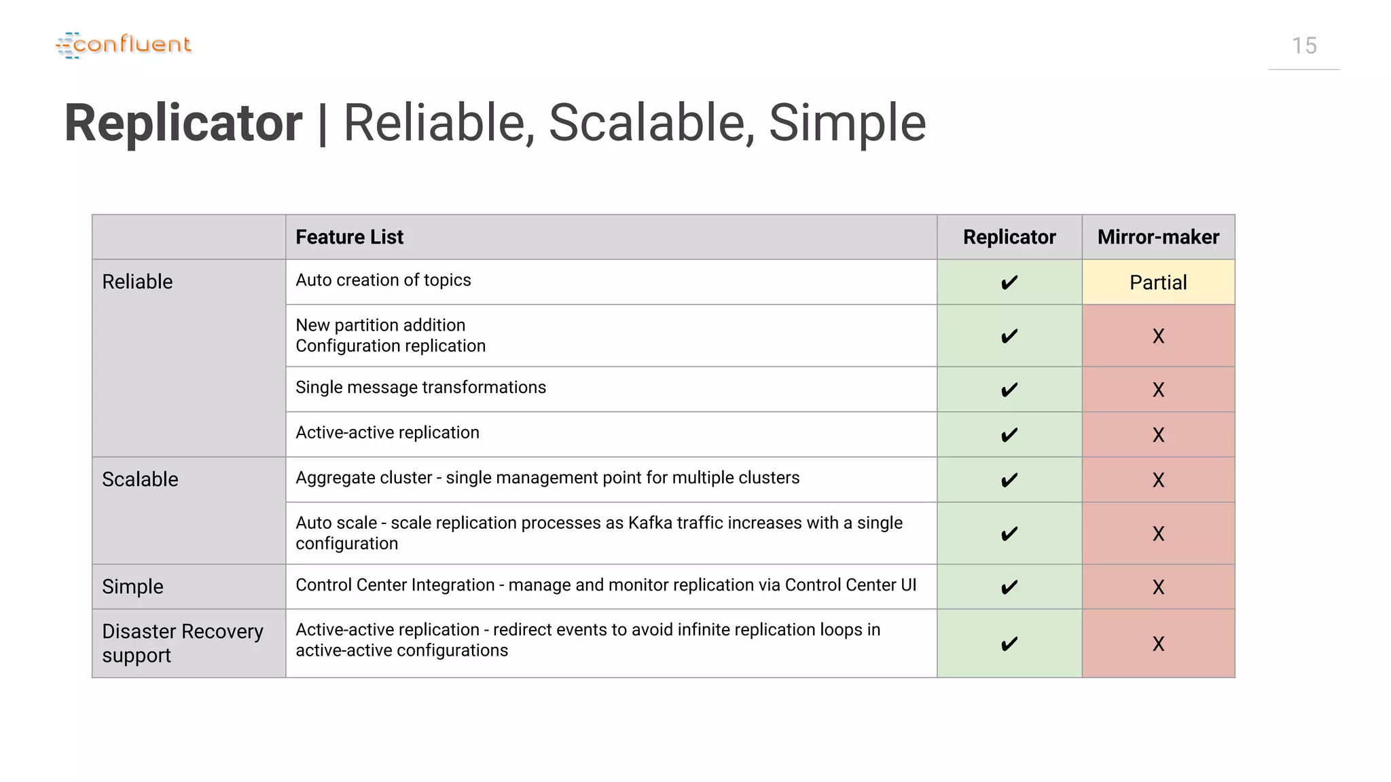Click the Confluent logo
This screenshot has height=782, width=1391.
click(124, 45)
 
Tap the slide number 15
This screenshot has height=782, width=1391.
click(1303, 46)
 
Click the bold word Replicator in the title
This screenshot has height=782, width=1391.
click(183, 123)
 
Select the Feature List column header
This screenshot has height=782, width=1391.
click(349, 237)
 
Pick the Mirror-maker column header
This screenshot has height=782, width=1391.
click(1158, 237)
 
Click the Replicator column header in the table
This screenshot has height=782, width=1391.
click(1009, 237)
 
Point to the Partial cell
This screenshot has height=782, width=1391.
click(1158, 282)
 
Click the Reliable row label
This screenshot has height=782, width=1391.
click(137, 282)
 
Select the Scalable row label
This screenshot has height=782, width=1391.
click(140, 479)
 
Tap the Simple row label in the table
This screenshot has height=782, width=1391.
click(132, 586)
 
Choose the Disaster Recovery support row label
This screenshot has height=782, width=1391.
click(182, 643)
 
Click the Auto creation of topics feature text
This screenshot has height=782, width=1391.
click(383, 280)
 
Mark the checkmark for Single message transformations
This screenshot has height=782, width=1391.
click(1009, 390)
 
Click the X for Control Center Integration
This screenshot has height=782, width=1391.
click(1158, 587)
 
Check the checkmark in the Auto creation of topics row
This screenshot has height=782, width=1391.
click(1009, 282)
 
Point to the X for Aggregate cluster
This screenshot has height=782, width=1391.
click(1158, 480)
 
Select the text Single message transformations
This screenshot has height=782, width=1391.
click(420, 388)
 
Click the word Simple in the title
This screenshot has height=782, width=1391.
click(847, 123)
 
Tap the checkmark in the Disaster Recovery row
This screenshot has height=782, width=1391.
click(1009, 644)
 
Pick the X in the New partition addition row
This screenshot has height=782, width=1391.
click(1158, 336)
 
